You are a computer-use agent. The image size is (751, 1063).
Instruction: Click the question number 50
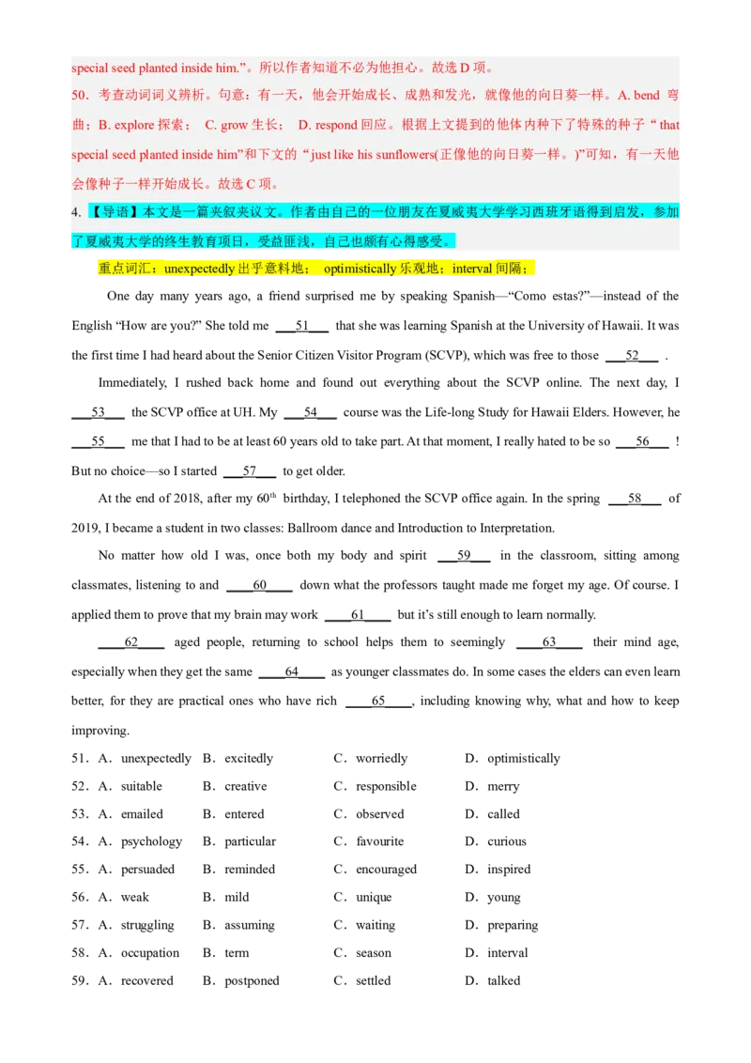(79, 96)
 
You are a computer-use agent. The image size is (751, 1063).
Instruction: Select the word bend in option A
(647, 96)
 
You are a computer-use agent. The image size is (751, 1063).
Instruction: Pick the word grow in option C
(234, 125)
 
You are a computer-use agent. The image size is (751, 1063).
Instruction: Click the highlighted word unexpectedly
(199, 269)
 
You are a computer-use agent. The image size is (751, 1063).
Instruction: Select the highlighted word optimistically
(360, 269)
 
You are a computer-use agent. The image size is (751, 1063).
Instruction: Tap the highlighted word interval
(472, 269)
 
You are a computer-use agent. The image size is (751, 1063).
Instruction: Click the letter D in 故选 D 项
(464, 68)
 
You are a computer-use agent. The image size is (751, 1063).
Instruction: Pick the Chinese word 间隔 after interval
(511, 269)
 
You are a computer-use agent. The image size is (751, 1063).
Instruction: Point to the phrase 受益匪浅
(284, 241)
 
